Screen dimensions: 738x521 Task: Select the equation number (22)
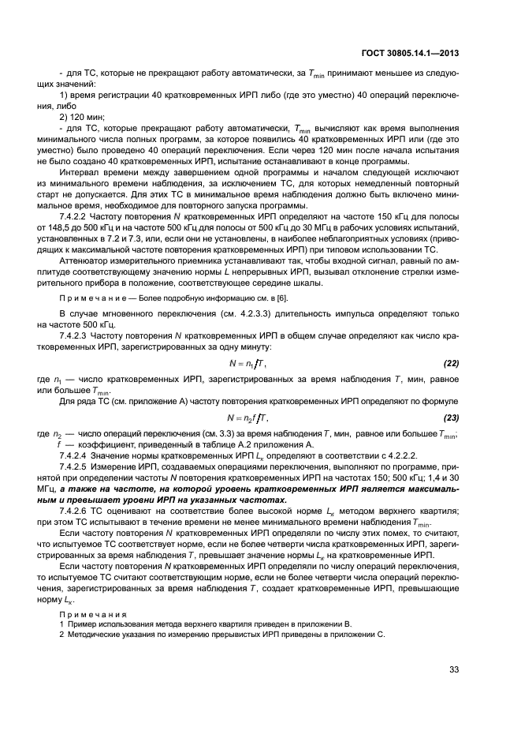click(448, 363)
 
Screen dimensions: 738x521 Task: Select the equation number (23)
click(448, 418)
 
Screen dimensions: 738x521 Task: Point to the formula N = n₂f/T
click(248, 418)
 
